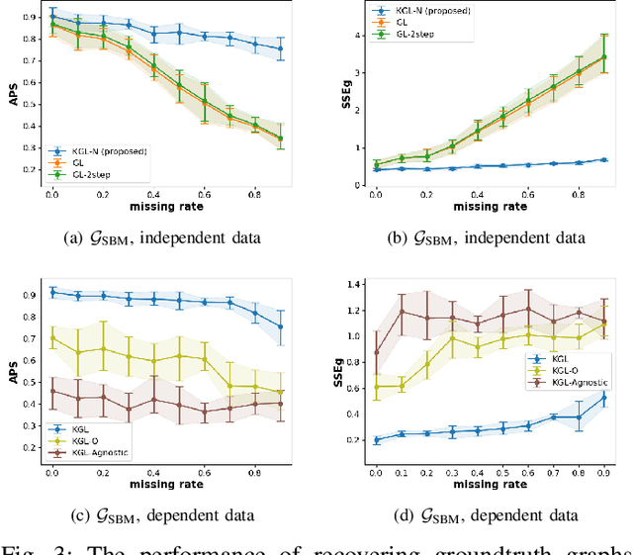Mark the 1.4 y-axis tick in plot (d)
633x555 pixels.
[352, 284]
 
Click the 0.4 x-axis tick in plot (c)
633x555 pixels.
[153, 472]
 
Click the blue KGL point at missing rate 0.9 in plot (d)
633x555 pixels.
[602, 399]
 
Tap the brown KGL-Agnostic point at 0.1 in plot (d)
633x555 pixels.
[401, 311]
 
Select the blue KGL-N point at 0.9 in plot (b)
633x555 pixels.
[602, 159]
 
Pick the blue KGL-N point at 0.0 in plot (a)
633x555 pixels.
[52, 17]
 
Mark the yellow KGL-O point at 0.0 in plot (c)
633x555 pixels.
[52, 338]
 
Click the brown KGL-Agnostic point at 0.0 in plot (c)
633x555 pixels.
[52, 391]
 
